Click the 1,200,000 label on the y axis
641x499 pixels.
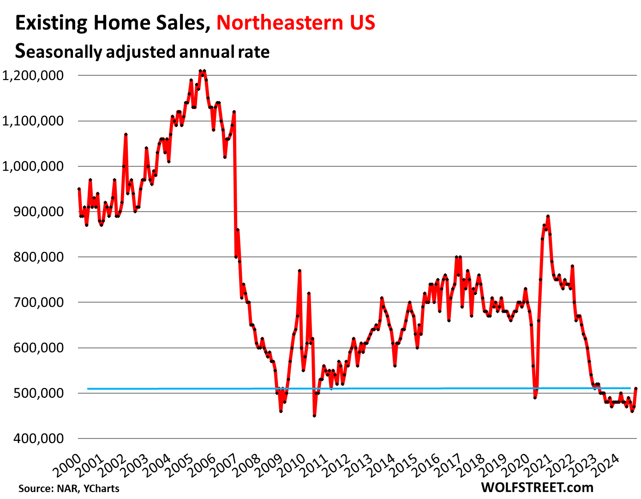(33, 75)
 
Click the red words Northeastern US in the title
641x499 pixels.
(296, 23)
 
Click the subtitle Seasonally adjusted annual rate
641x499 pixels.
(142, 51)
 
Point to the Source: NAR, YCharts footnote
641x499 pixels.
(69, 488)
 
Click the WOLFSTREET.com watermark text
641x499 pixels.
(537, 487)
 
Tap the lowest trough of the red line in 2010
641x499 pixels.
(314, 416)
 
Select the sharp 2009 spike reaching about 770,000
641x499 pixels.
(300, 271)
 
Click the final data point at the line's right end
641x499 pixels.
(636, 389)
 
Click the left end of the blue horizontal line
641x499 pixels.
(88, 389)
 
